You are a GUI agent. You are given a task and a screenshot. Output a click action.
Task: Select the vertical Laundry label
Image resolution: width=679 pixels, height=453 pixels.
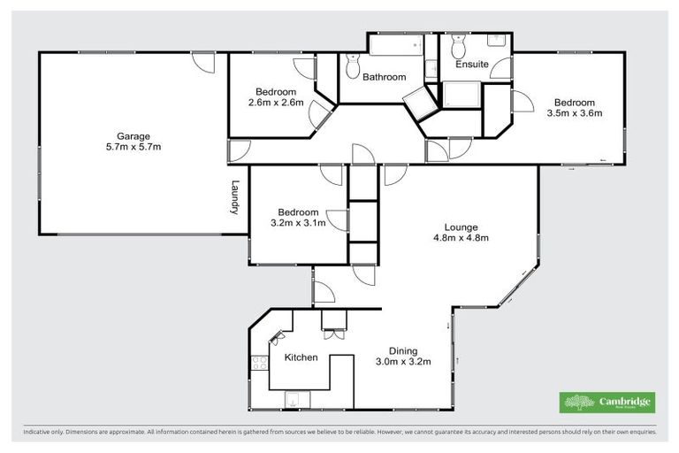click(235, 198)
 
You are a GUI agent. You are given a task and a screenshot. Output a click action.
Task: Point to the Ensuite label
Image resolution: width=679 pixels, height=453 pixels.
click(471, 65)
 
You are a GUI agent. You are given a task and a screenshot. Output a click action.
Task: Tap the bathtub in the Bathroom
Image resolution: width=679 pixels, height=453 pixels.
click(396, 45)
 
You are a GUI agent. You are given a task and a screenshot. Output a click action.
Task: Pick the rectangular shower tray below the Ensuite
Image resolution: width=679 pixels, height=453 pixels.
click(462, 94)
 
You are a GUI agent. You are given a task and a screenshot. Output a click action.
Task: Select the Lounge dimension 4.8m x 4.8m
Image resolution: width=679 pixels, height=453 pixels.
click(461, 237)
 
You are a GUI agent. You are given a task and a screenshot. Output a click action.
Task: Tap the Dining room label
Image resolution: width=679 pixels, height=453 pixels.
click(401, 350)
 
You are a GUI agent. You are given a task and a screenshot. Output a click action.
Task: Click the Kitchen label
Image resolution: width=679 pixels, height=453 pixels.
click(301, 358)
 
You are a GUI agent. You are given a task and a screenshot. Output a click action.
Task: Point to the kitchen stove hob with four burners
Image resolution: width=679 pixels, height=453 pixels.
click(260, 363)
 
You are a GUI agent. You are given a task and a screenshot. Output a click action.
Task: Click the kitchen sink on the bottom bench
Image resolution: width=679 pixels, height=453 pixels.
click(292, 401)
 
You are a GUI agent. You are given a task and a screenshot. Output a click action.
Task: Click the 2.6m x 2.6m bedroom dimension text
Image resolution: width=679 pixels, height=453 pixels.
click(276, 103)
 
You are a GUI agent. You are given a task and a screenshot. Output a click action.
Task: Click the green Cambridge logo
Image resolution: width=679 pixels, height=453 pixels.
click(607, 403)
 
